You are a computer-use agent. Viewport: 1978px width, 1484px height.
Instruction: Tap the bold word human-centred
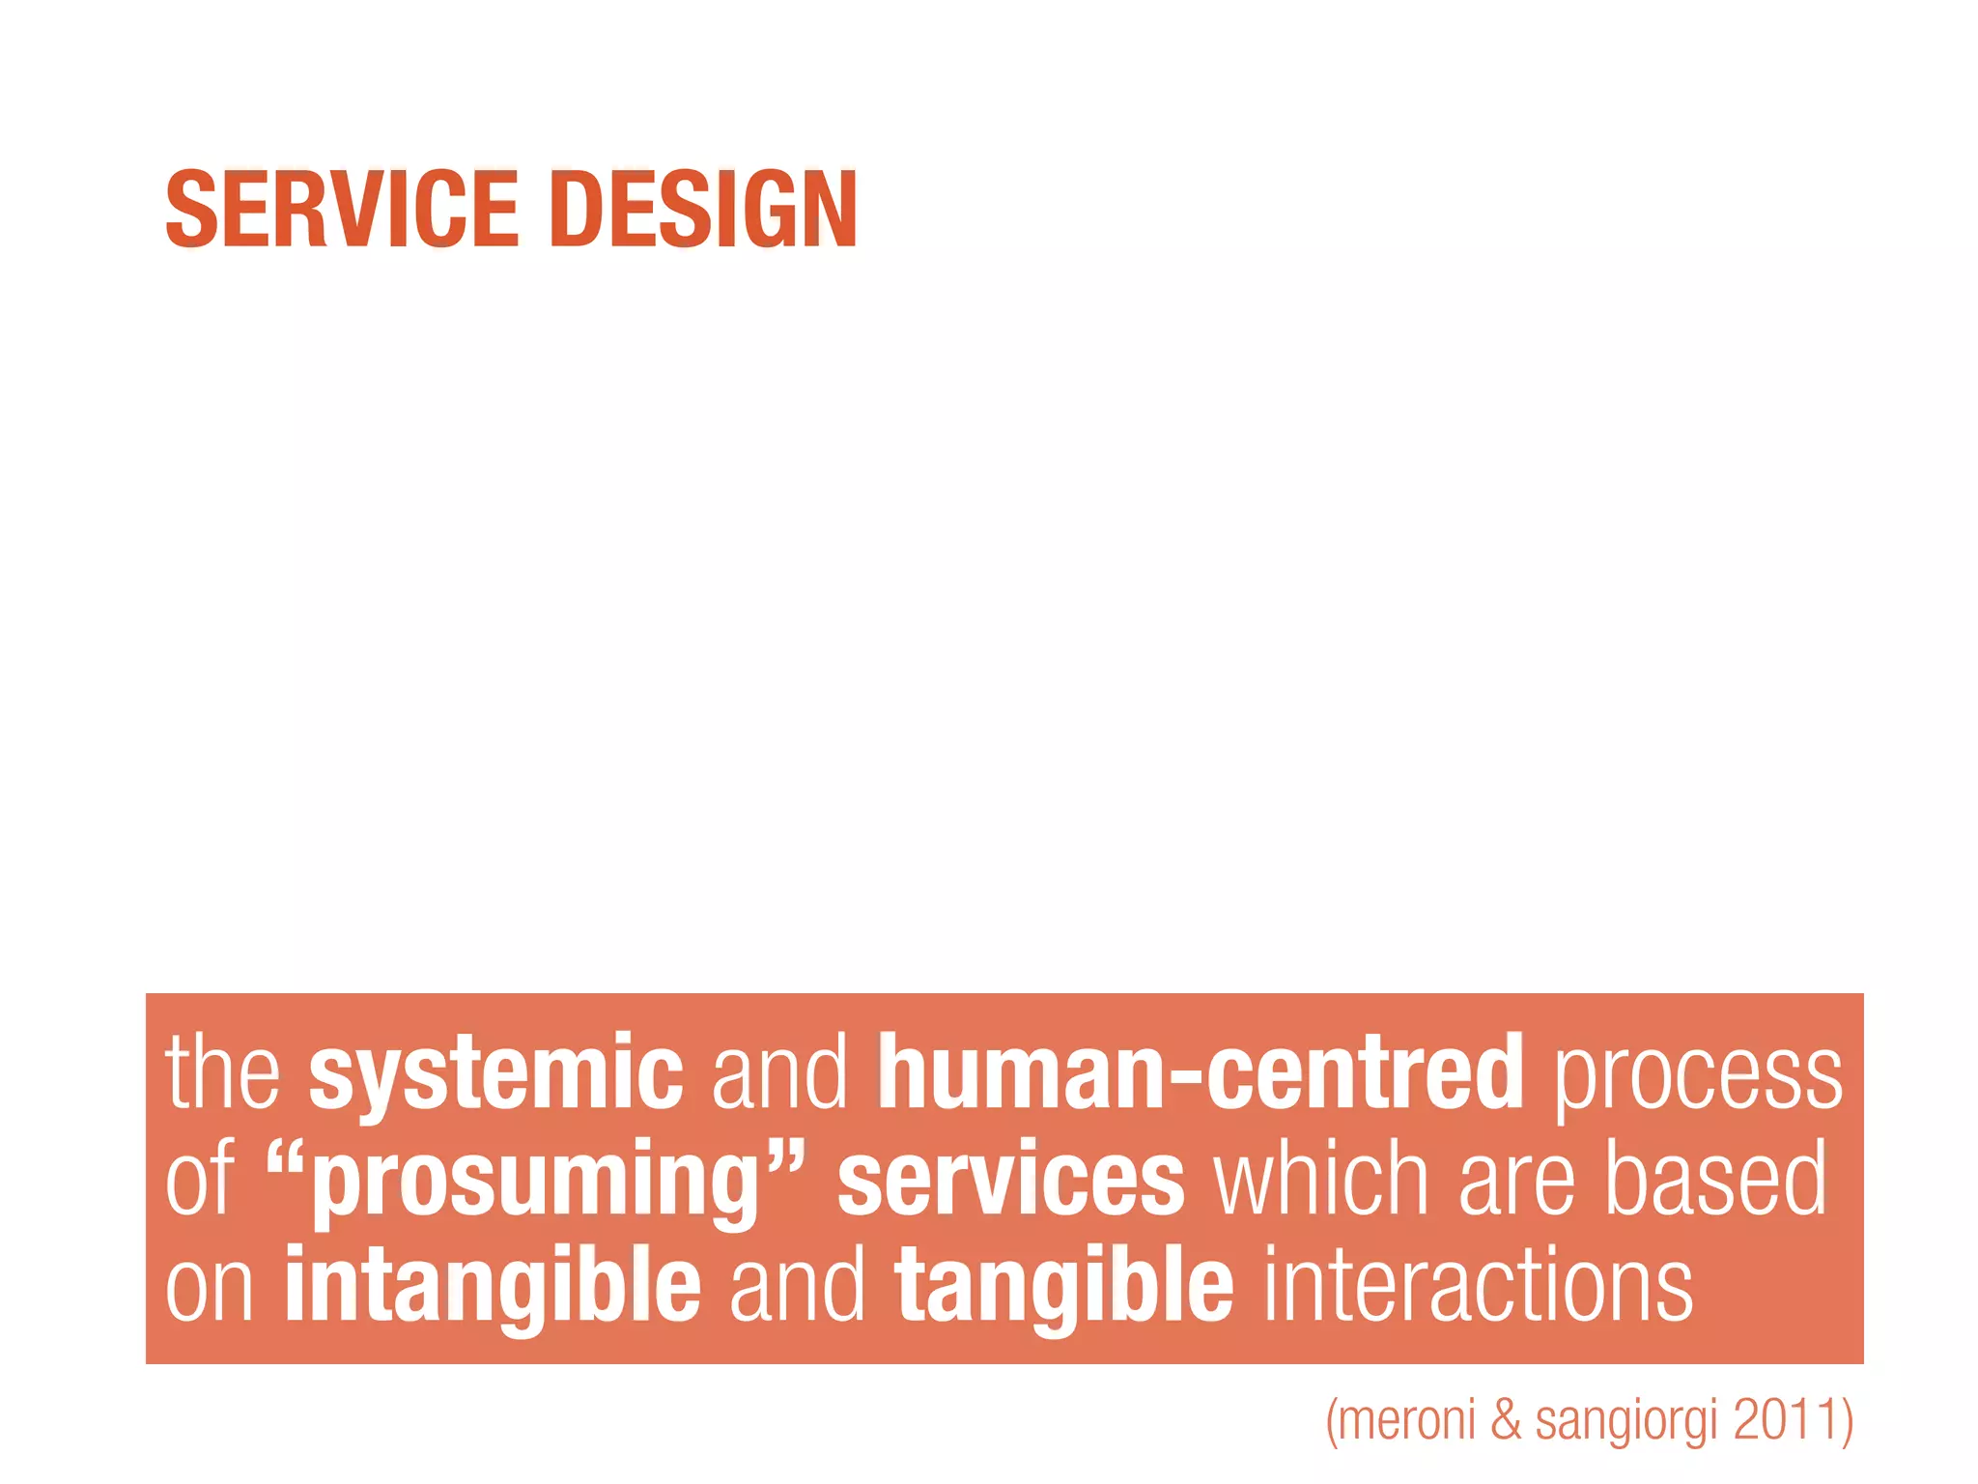click(x=1201, y=1072)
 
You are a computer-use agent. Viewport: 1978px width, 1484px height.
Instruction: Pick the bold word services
click(x=1010, y=1180)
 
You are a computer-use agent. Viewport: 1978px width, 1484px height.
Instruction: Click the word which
click(x=1321, y=1178)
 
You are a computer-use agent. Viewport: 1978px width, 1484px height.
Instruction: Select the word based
click(x=1716, y=1178)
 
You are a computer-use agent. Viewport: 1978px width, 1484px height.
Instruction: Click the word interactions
click(x=1478, y=1285)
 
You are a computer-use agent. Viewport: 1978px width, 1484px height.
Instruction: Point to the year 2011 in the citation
click(x=1787, y=1419)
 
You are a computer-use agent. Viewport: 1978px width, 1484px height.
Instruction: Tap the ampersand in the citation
click(x=1506, y=1419)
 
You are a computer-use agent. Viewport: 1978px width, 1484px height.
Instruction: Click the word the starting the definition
click(x=223, y=1072)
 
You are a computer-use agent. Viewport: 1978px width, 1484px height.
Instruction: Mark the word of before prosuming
click(x=200, y=1178)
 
